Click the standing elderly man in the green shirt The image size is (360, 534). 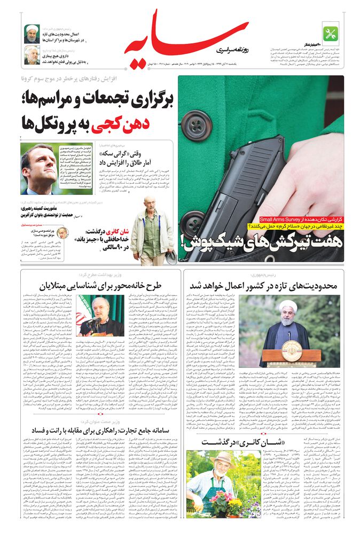148,230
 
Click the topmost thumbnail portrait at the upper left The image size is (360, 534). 32,33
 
